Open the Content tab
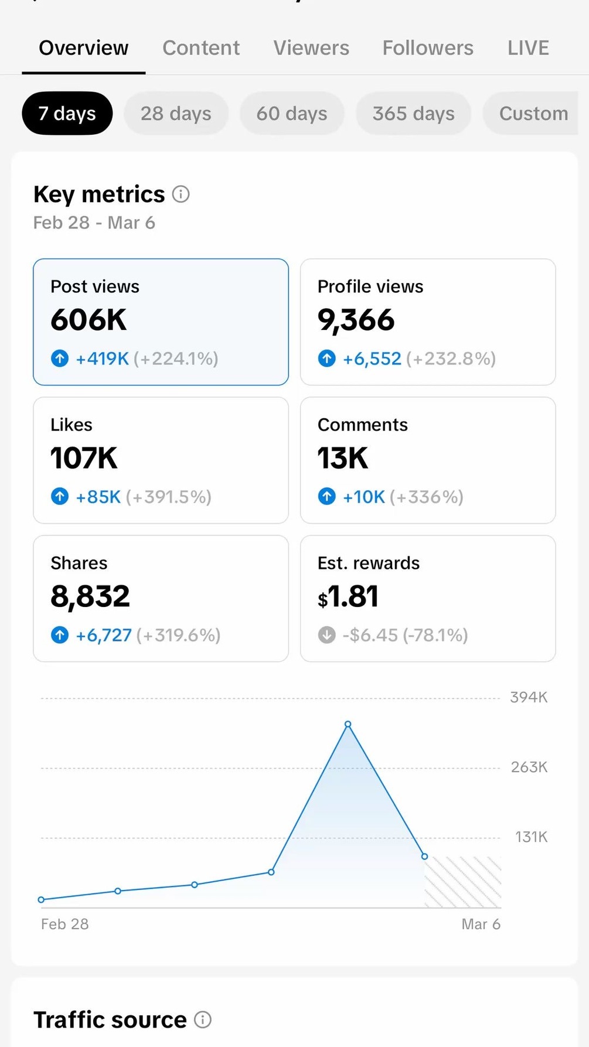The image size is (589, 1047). [201, 48]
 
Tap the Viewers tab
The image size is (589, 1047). [311, 48]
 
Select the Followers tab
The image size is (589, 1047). [428, 48]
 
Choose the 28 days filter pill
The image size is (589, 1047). [176, 114]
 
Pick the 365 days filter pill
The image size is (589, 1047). [413, 114]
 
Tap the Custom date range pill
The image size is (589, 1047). [533, 114]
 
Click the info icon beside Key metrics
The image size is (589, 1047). [181, 194]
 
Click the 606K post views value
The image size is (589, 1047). [88, 320]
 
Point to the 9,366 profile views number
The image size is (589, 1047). [356, 320]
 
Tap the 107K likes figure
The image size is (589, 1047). [84, 458]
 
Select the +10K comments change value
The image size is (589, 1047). [364, 497]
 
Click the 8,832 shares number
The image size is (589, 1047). [90, 596]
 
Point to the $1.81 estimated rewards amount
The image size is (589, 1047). [348, 596]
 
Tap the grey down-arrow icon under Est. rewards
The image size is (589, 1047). [326, 635]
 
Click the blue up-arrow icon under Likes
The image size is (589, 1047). [60, 497]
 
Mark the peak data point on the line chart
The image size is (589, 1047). [348, 724]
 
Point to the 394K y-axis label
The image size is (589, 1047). [529, 697]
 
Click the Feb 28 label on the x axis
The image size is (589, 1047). [64, 924]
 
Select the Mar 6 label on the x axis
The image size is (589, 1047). [481, 924]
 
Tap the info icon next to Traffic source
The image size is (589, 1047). [203, 1020]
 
